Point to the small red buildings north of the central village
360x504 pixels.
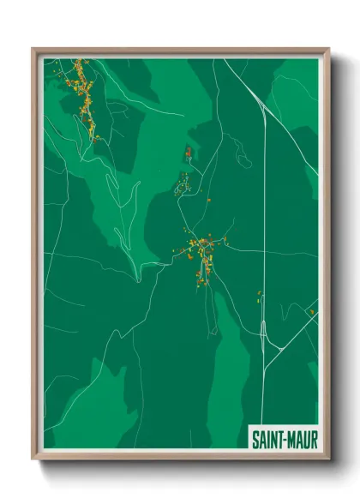click(189, 153)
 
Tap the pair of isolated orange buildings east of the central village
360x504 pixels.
click(258, 297)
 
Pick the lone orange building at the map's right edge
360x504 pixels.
click(312, 310)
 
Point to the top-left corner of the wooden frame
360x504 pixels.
click(33, 49)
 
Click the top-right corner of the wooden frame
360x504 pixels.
click(328, 49)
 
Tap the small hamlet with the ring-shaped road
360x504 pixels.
click(183, 183)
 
